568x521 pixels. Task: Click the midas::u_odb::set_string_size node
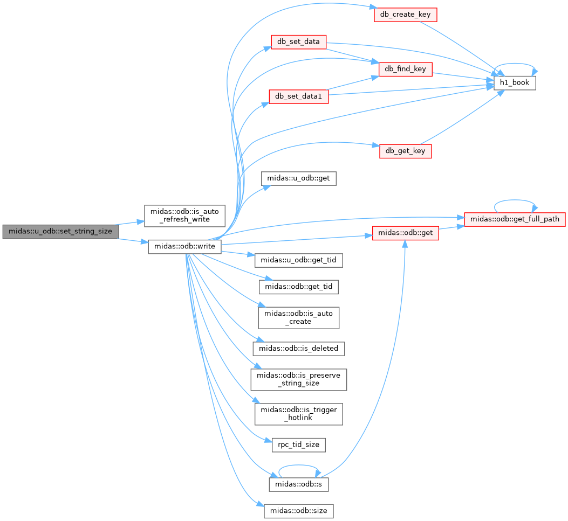[x=60, y=232]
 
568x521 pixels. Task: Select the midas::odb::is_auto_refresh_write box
[x=184, y=216]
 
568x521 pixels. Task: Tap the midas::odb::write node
[x=184, y=246]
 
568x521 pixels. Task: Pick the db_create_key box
[x=405, y=15]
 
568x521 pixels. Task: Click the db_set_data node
[x=298, y=42]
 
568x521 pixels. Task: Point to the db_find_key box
[x=405, y=69]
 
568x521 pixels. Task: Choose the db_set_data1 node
[x=298, y=96]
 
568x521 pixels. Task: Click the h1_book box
[x=515, y=83]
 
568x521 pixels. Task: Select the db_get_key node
[x=405, y=151]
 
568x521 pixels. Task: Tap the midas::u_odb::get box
[x=298, y=178]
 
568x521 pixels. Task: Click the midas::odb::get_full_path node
[x=515, y=219]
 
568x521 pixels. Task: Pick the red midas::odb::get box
[x=405, y=233]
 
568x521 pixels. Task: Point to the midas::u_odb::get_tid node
[x=298, y=260]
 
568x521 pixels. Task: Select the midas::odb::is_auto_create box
[x=298, y=318]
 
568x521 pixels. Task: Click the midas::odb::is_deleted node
[x=298, y=349]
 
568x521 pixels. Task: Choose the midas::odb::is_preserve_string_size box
[x=298, y=379]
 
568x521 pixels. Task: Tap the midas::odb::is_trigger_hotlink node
[x=298, y=414]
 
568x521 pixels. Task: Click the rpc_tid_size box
[x=298, y=445]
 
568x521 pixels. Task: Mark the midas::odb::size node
[x=298, y=511]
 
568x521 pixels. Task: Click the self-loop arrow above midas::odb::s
[x=298, y=466]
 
